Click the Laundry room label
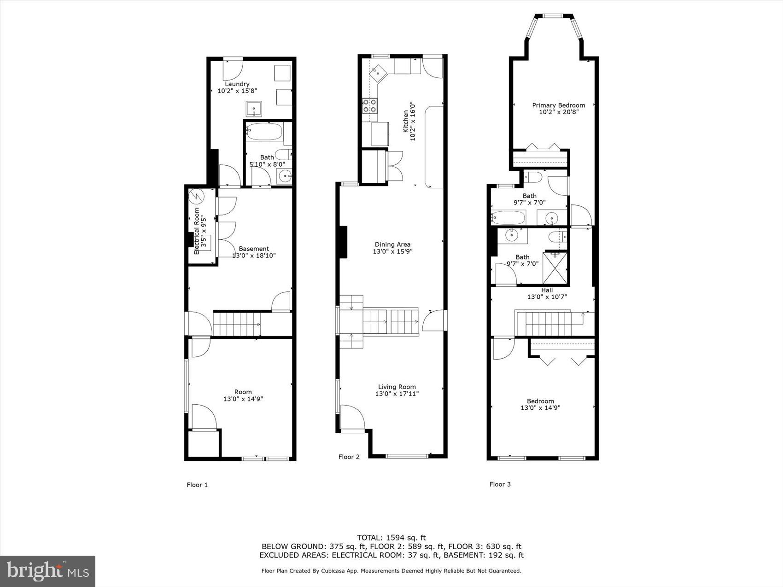click(x=237, y=84)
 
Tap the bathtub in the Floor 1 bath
click(x=264, y=132)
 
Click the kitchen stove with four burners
click(x=370, y=106)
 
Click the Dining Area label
click(x=392, y=244)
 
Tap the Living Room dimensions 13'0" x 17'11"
click(x=397, y=394)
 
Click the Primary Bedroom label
click(x=558, y=105)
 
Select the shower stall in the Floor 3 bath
click(x=556, y=267)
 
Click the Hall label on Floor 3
click(x=547, y=290)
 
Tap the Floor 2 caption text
click(x=349, y=457)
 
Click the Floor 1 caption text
click(x=197, y=485)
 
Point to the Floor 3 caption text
click(x=500, y=484)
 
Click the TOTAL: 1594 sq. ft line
click(x=391, y=537)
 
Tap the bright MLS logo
click(x=48, y=571)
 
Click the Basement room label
click(x=253, y=249)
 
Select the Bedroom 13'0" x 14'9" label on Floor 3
click(x=540, y=404)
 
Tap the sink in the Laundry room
click(x=253, y=109)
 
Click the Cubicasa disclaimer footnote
click(x=391, y=571)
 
